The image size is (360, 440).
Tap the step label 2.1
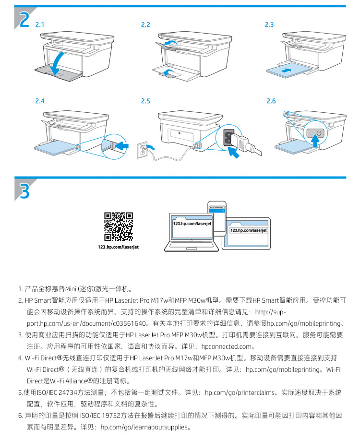(x=40, y=24)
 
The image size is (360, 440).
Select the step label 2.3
(x=269, y=24)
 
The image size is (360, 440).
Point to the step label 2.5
(x=145, y=101)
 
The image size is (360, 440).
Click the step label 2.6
(x=271, y=101)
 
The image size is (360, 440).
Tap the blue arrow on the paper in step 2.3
(x=286, y=70)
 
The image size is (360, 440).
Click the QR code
(x=118, y=226)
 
